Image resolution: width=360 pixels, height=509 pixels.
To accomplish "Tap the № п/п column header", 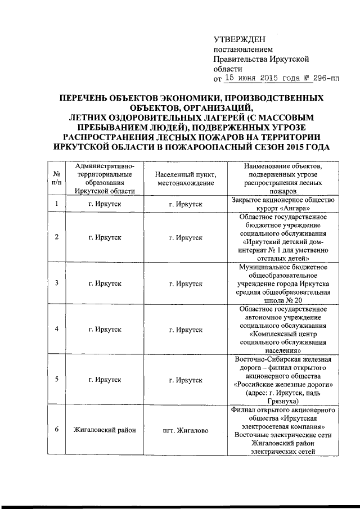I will point(57,179).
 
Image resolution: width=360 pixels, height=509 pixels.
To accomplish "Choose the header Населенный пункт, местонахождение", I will point(186,179).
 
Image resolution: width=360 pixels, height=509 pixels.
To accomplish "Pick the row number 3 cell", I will point(57,282).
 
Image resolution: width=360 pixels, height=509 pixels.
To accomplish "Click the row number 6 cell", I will point(57,430).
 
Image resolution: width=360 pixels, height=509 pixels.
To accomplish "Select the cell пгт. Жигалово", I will point(186,430).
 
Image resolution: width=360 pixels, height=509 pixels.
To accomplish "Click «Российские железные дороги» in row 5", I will point(282,385).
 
